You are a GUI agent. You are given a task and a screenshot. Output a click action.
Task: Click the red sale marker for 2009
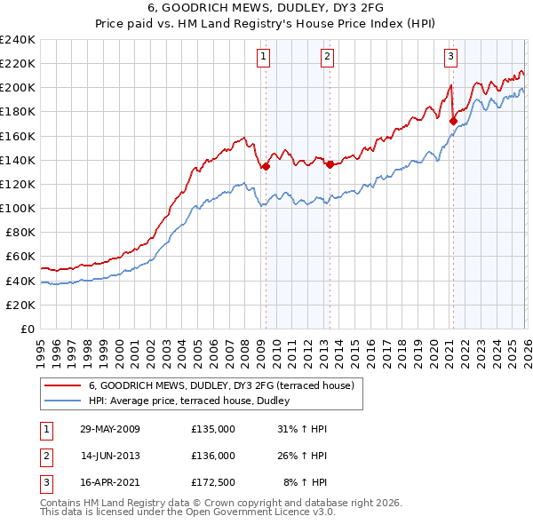(x=266, y=166)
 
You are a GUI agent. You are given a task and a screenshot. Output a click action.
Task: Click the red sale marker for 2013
(x=330, y=164)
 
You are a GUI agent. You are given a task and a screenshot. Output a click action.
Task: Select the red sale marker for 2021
(x=453, y=121)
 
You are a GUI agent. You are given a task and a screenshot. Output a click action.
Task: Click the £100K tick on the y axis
(x=18, y=208)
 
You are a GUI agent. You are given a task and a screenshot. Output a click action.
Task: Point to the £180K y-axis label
(x=18, y=111)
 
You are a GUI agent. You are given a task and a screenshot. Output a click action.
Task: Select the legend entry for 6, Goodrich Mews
(x=221, y=385)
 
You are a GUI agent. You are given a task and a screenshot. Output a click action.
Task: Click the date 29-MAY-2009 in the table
(x=109, y=429)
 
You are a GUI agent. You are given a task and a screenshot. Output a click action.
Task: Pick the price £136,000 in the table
(x=213, y=456)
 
